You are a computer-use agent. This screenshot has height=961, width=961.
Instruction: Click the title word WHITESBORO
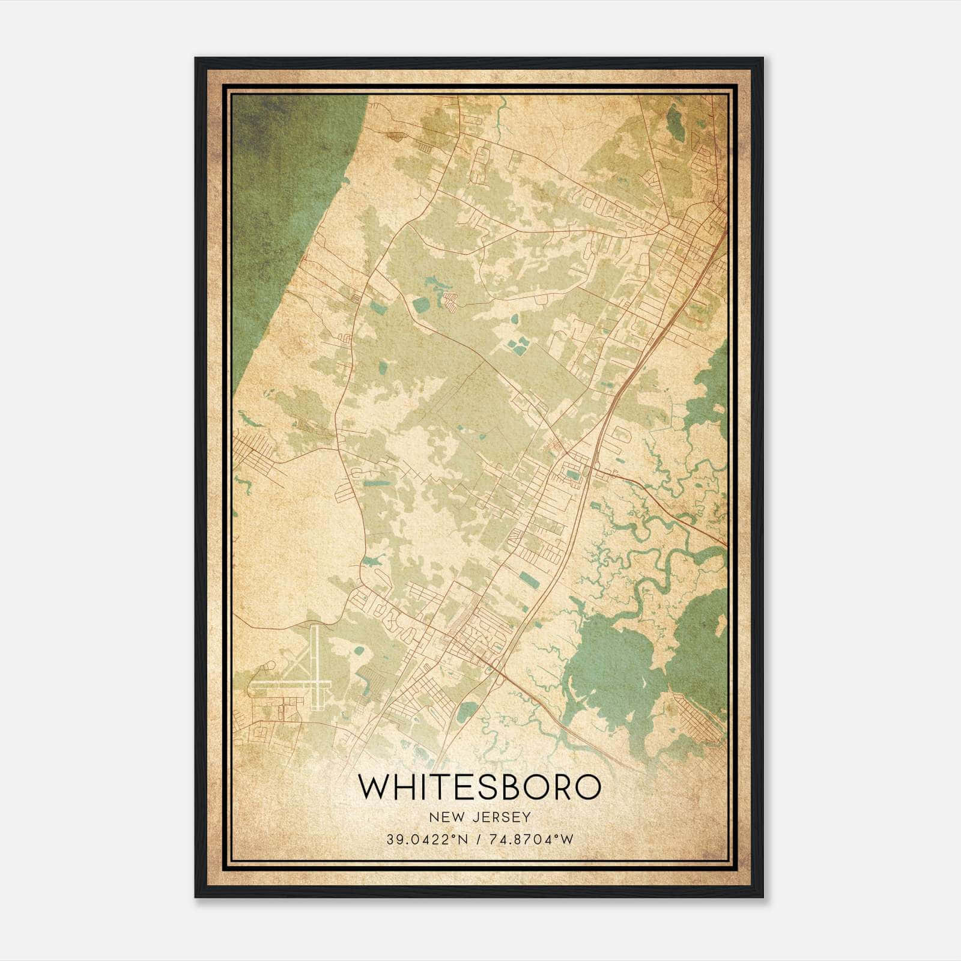click(479, 787)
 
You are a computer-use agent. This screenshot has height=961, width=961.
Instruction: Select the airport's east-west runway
click(288, 684)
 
